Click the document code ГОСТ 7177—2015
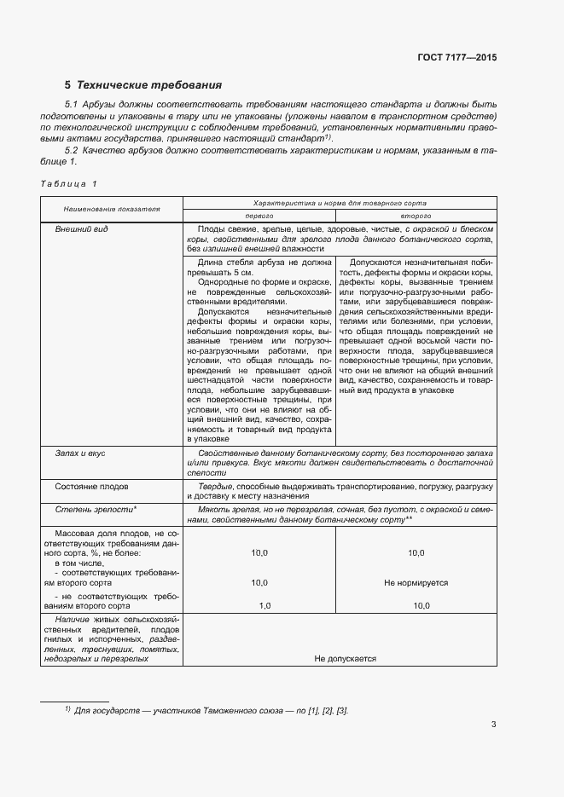tap(457, 57)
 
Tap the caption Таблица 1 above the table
tap(69, 184)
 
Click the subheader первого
tap(261, 217)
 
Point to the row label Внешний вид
tap(82, 230)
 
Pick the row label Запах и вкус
tap(80, 453)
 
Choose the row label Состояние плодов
tap(92, 486)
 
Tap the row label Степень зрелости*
tap(96, 509)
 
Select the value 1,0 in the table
tap(265, 605)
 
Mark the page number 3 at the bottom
tap(493, 725)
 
